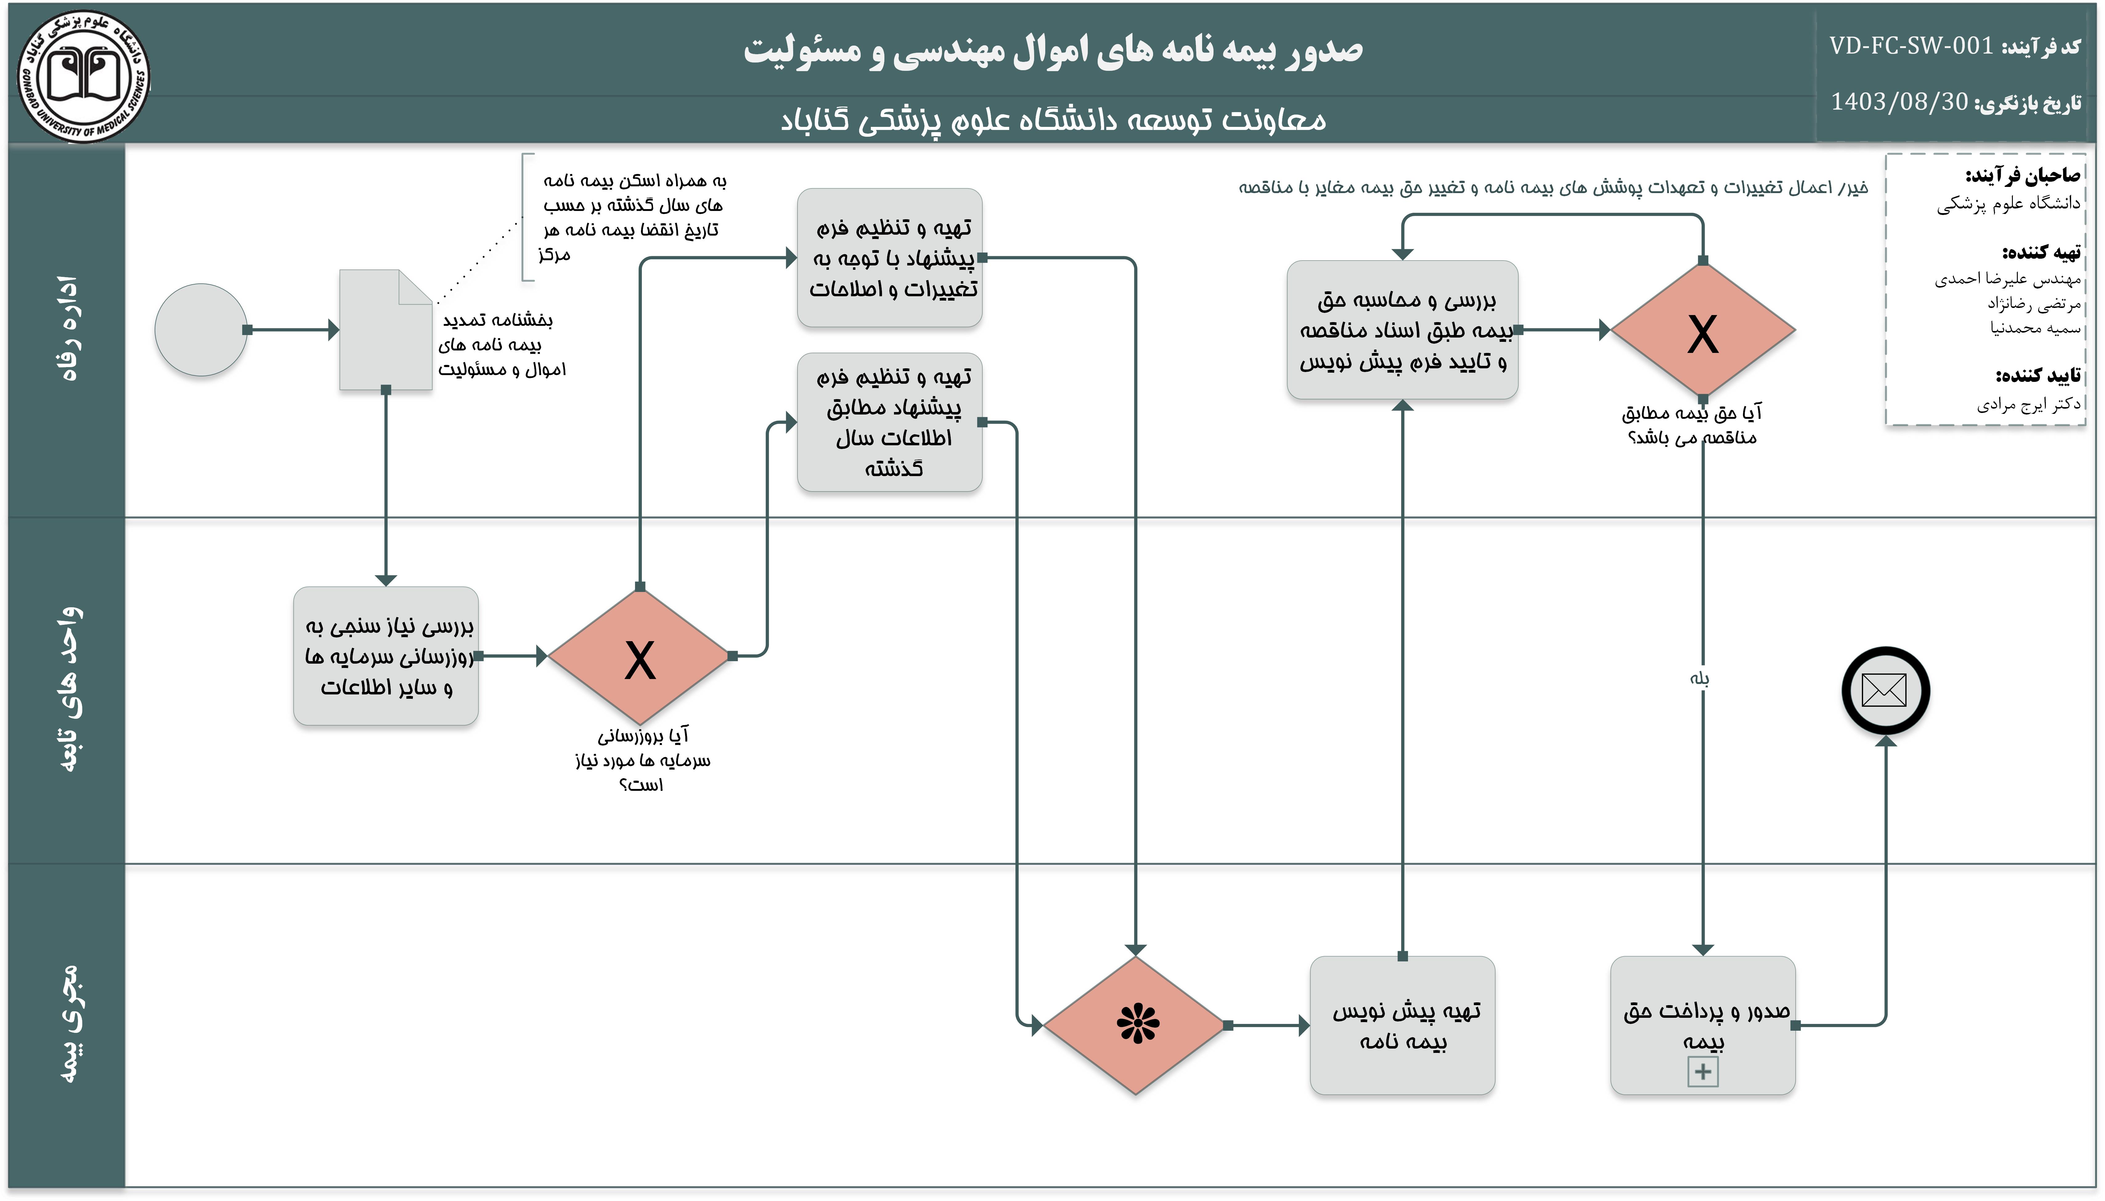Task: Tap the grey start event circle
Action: click(201, 330)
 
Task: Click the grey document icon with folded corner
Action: click(386, 330)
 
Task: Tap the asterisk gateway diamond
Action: click(1136, 1025)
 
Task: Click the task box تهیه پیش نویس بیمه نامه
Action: click(1402, 1025)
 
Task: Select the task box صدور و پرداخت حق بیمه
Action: click(1702, 1025)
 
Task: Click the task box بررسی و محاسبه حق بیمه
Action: click(1402, 330)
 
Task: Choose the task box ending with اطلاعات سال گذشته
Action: click(890, 422)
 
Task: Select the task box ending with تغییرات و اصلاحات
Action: click(890, 257)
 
